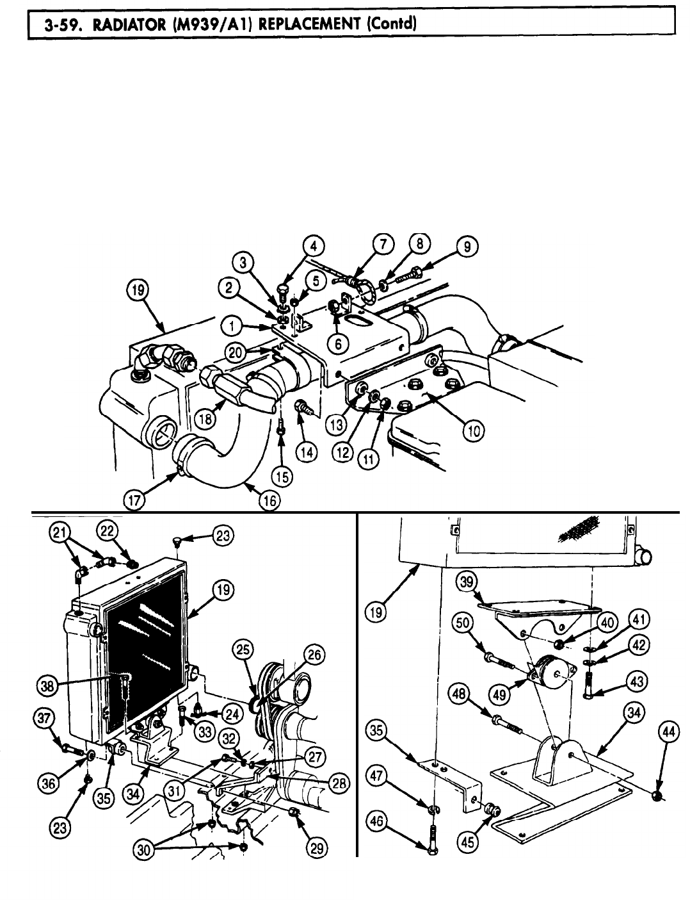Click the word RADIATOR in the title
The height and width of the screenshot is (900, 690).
coord(113,26)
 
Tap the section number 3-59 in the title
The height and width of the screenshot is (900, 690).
coord(58,26)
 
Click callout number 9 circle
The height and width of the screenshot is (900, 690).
coord(467,248)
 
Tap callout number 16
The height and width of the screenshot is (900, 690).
coord(269,501)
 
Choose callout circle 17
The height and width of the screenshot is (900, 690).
coord(134,500)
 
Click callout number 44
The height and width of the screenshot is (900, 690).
coord(668,733)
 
